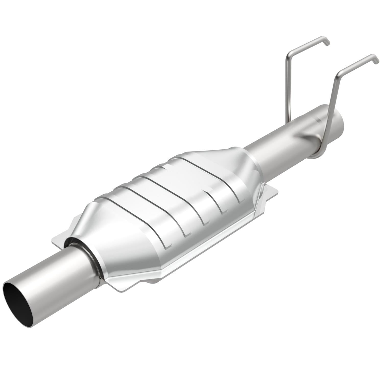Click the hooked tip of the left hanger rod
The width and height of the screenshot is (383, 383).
327,42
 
